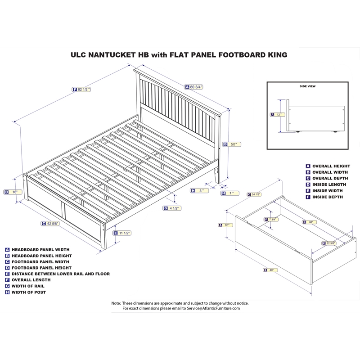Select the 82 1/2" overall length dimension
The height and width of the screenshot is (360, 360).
(84, 90)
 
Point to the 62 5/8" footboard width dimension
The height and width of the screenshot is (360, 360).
(53, 223)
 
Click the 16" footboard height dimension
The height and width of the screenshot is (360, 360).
(14, 192)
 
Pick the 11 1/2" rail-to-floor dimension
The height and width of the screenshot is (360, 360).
(125, 233)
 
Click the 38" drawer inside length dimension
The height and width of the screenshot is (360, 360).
(310, 222)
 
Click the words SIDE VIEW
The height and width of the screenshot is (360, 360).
(307, 86)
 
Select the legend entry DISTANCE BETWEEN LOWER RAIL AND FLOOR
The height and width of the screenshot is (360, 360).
(60, 274)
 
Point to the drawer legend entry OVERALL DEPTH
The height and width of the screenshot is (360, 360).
(329, 178)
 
